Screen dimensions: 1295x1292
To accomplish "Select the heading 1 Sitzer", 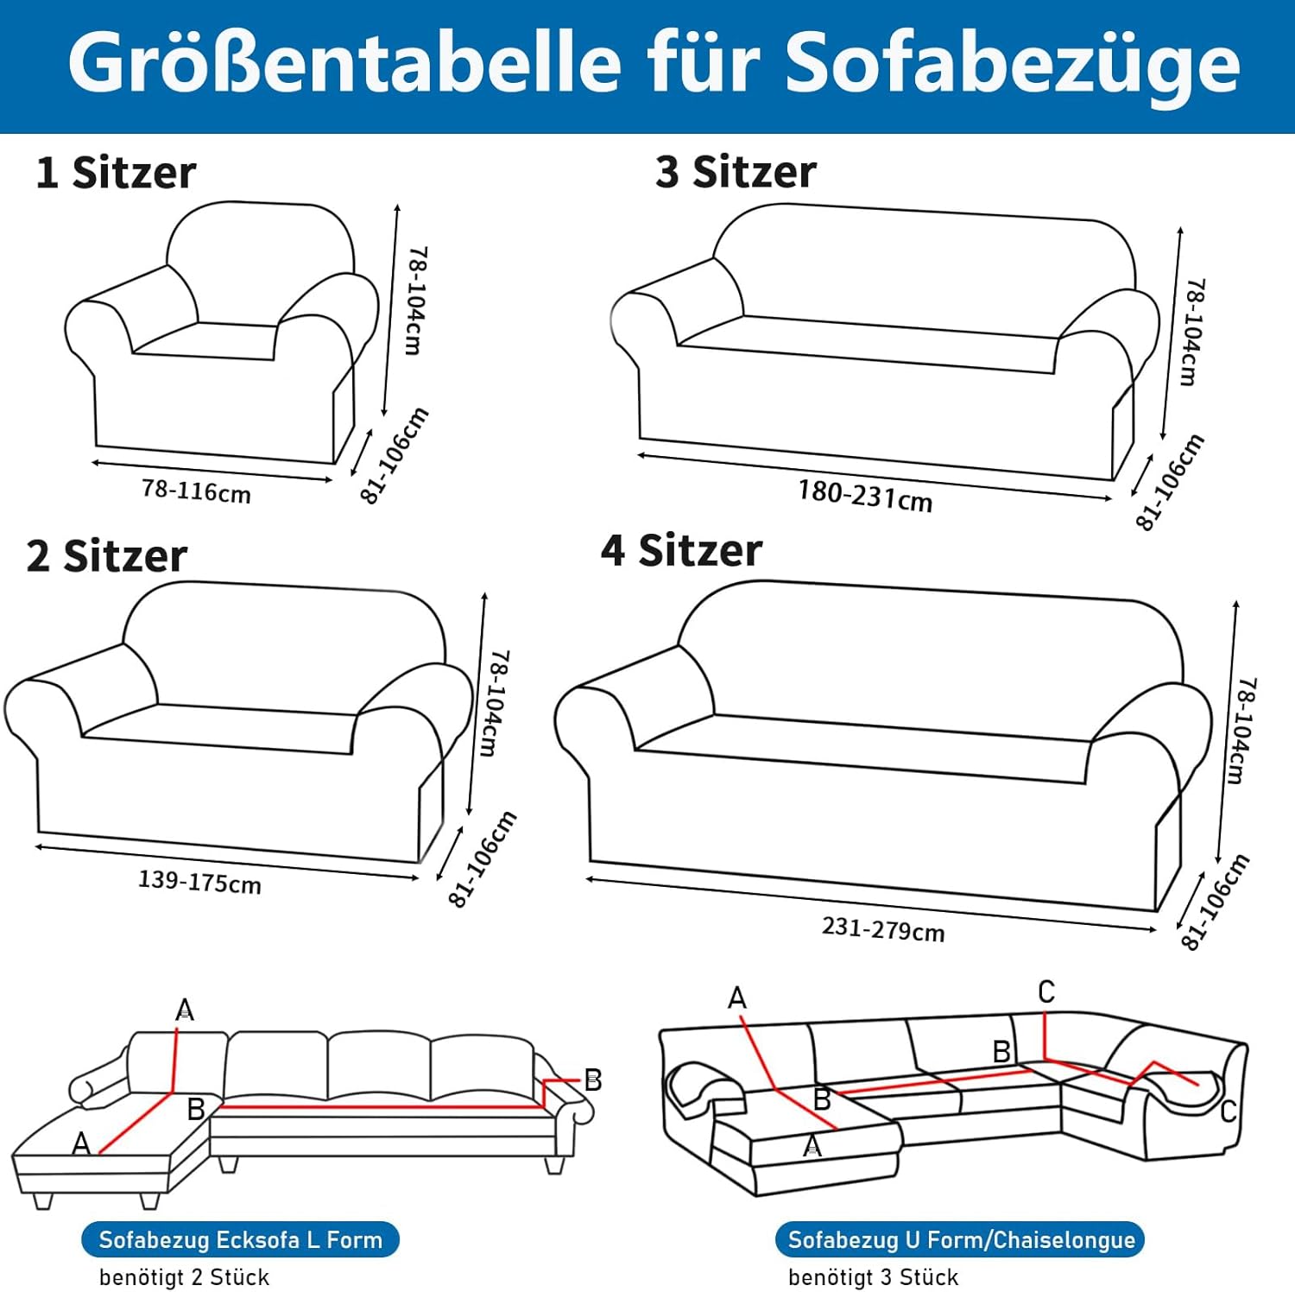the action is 116,173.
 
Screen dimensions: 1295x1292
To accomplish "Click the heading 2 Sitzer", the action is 107,556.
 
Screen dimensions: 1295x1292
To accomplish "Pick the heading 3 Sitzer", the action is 736,172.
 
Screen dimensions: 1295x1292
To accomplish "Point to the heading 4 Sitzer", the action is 682,550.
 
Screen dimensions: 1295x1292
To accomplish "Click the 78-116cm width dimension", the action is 197,491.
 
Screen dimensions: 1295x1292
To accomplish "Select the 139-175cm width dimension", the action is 199,882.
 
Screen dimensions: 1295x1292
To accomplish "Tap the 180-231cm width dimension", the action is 865,496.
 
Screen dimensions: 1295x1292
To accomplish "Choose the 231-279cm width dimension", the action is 883,929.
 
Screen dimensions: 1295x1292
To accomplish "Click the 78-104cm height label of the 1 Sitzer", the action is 416,300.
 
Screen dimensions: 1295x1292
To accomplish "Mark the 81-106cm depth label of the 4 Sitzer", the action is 1216,902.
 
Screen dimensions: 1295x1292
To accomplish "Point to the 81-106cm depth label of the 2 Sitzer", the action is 483,858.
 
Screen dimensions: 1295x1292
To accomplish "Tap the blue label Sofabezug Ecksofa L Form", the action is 240,1240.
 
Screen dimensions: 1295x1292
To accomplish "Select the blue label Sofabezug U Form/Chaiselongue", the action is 961,1240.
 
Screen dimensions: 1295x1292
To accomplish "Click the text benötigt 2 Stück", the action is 184,1277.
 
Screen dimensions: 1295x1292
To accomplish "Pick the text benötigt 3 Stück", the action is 873,1277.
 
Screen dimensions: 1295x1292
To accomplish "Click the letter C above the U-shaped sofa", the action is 1046,991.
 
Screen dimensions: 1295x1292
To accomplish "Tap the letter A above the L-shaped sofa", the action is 185,1010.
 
